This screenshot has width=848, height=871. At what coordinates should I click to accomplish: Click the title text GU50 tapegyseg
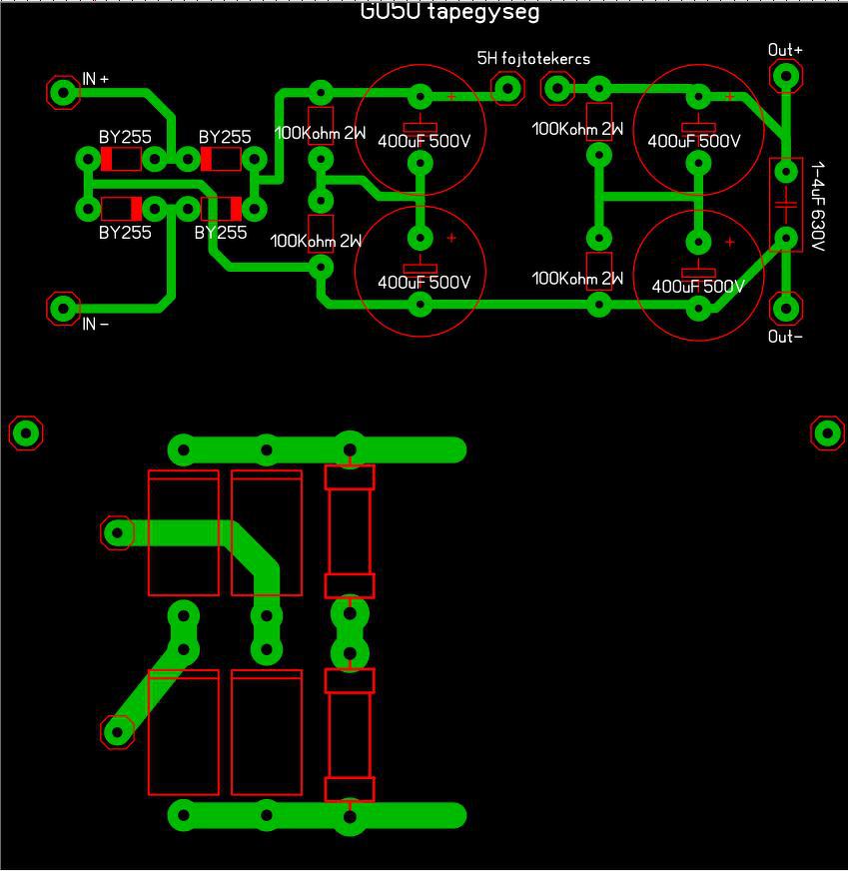coord(449,11)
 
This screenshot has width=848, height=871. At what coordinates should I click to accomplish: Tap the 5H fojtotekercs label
coord(533,59)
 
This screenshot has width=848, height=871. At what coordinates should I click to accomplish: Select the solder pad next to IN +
coord(64,93)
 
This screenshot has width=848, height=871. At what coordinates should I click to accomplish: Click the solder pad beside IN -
coord(64,308)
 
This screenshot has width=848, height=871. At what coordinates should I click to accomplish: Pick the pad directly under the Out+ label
coord(786,76)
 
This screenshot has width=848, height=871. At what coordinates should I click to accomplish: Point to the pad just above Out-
coord(786,307)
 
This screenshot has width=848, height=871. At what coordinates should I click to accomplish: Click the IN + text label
coord(96,78)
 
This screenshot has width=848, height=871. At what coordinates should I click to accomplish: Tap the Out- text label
coord(785,337)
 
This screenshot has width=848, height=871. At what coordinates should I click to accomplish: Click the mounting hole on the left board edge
coord(26,433)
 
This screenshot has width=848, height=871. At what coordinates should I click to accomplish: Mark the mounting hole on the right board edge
coord(827,433)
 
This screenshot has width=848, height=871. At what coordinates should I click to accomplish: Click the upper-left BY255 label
coord(125,137)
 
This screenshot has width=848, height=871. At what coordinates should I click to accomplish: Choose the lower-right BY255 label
coord(221,233)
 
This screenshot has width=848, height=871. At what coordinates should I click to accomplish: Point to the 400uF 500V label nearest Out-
coord(698,287)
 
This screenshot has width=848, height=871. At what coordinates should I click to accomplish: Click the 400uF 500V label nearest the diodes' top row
coord(424,141)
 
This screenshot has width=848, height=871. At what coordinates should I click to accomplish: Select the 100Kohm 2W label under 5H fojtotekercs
coord(577,129)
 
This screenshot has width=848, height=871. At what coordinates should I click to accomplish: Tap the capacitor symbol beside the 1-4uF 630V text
coord(786,205)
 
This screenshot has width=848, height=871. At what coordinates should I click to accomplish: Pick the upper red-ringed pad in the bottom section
coord(118,532)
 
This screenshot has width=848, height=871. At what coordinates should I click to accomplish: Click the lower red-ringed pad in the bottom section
coord(118,731)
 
